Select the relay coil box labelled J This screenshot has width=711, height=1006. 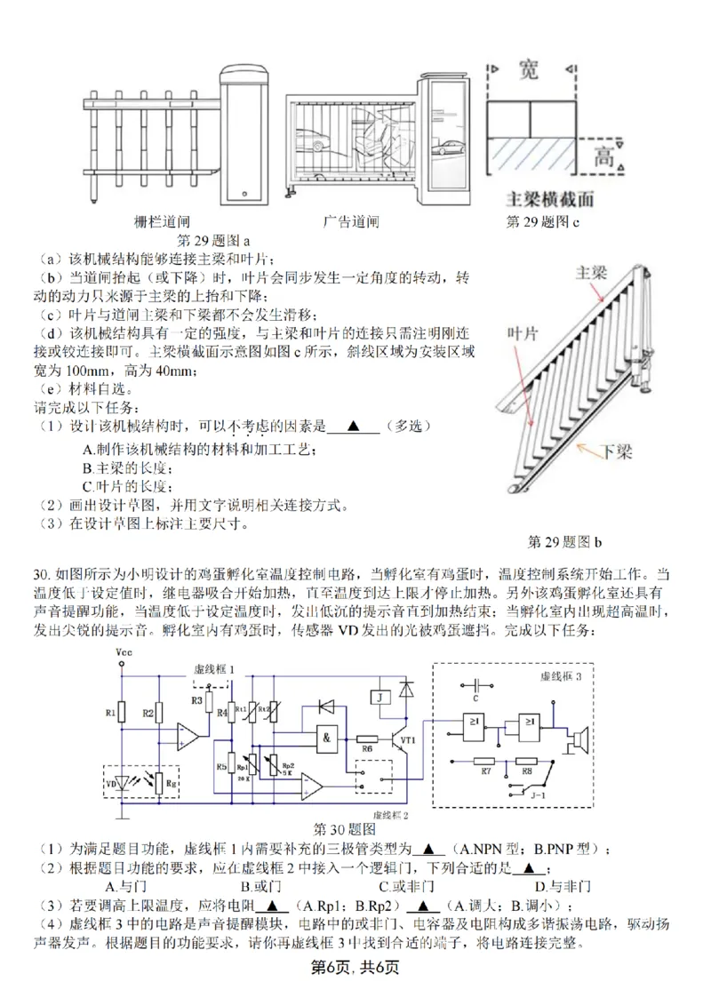pos(380,698)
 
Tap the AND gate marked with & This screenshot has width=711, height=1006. pos(329,738)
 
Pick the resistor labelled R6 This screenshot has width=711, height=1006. pos(367,739)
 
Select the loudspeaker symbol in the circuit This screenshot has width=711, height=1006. pos(580,738)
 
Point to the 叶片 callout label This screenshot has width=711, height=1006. pos(523,332)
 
